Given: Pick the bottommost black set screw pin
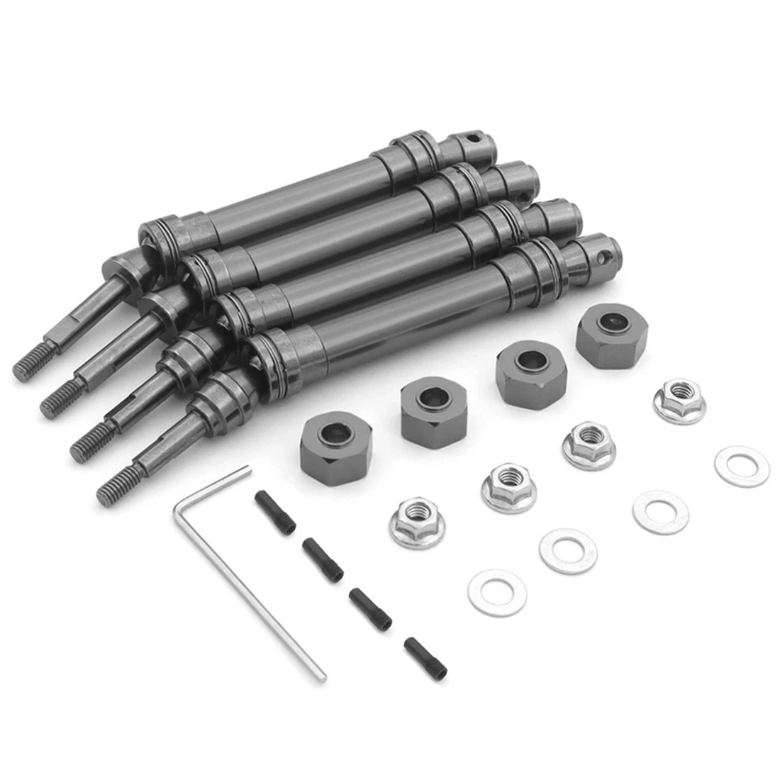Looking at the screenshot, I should (x=425, y=655).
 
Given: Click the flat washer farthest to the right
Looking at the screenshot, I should (x=742, y=466).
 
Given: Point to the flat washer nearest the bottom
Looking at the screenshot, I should (x=498, y=591).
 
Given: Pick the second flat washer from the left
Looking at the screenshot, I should (x=568, y=550).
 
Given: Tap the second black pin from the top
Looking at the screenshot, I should (x=323, y=560).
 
